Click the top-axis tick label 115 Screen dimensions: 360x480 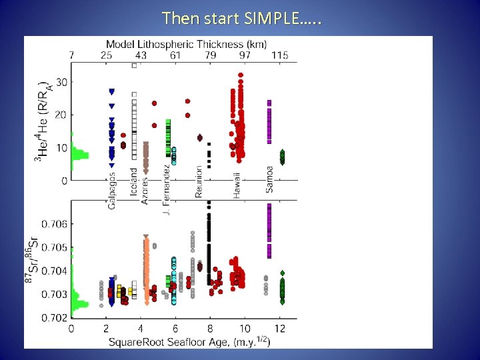pyautogui.click(x=280, y=55)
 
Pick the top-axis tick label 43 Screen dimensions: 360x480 pyautogui.click(x=141, y=55)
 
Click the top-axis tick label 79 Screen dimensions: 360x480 pyautogui.click(x=210, y=55)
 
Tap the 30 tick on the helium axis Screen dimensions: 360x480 pyautogui.click(x=61, y=82)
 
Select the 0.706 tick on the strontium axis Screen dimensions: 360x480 pyautogui.click(x=55, y=224)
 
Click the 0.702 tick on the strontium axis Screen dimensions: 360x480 pyautogui.click(x=55, y=317)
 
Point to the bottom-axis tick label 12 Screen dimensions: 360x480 pyautogui.click(x=281, y=329)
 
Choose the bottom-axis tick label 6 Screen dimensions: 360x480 pyautogui.click(x=175, y=329)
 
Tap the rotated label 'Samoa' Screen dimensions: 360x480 pyautogui.click(x=269, y=179)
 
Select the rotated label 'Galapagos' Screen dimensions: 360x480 pyautogui.click(x=111, y=190)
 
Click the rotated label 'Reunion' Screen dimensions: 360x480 pyautogui.click(x=199, y=182)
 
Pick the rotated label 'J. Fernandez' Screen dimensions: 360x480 pyautogui.click(x=167, y=189)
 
